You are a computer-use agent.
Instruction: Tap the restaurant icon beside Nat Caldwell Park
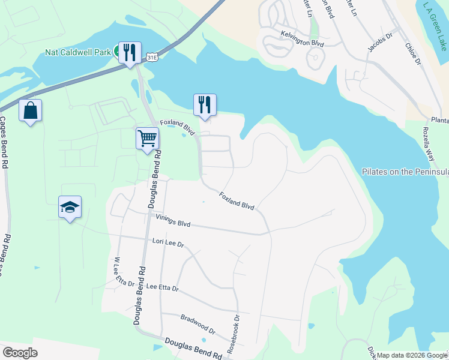point(130,53)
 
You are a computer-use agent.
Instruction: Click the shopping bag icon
point(30,111)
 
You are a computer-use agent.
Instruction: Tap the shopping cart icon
point(147,139)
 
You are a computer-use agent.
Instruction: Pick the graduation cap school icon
point(70,207)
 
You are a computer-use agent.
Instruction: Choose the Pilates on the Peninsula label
point(405,172)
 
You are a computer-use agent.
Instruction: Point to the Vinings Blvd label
point(172,221)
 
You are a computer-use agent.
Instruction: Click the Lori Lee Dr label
point(167,243)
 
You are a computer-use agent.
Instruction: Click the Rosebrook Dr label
point(234,334)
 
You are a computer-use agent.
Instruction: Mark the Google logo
point(20,353)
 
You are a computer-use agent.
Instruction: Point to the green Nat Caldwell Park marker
point(118,52)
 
